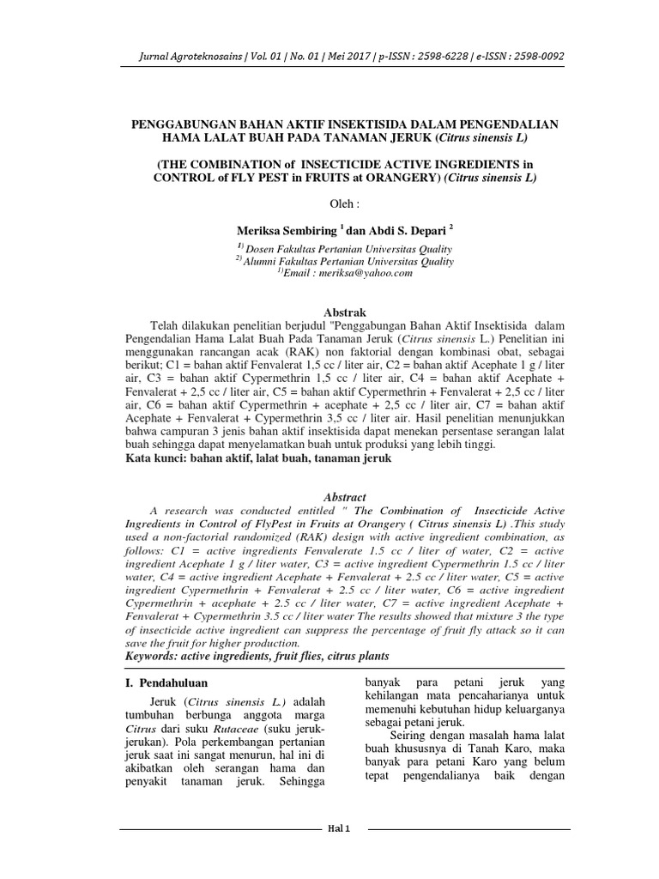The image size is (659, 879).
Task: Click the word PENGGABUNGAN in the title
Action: point(181,124)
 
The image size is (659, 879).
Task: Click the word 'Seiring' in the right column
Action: point(409,737)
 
